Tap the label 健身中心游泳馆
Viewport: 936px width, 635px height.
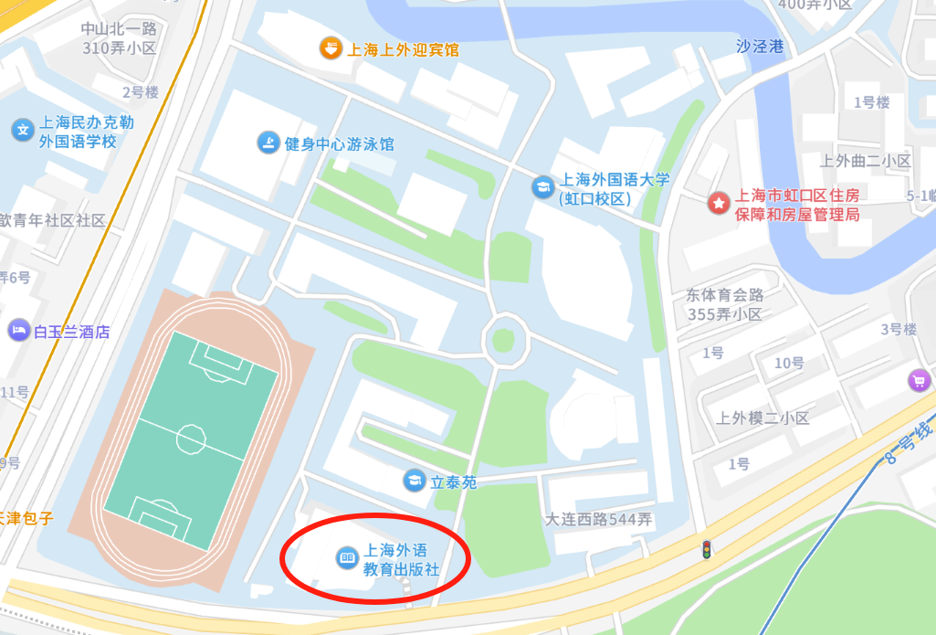point(340,143)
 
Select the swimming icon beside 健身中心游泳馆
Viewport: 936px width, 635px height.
point(268,143)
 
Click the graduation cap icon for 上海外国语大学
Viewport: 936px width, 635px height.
point(542,187)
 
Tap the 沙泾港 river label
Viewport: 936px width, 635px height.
point(760,47)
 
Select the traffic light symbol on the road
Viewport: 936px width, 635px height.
point(705,550)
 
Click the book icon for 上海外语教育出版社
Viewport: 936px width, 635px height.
point(347,556)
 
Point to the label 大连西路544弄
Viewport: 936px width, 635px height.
point(598,520)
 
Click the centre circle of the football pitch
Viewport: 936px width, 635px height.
point(191,439)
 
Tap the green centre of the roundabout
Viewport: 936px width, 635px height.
point(502,340)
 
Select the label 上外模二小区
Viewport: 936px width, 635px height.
point(762,418)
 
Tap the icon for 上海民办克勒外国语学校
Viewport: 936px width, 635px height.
point(22,130)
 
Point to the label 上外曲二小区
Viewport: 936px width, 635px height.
point(866,161)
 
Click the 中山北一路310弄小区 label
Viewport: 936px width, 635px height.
point(119,38)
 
